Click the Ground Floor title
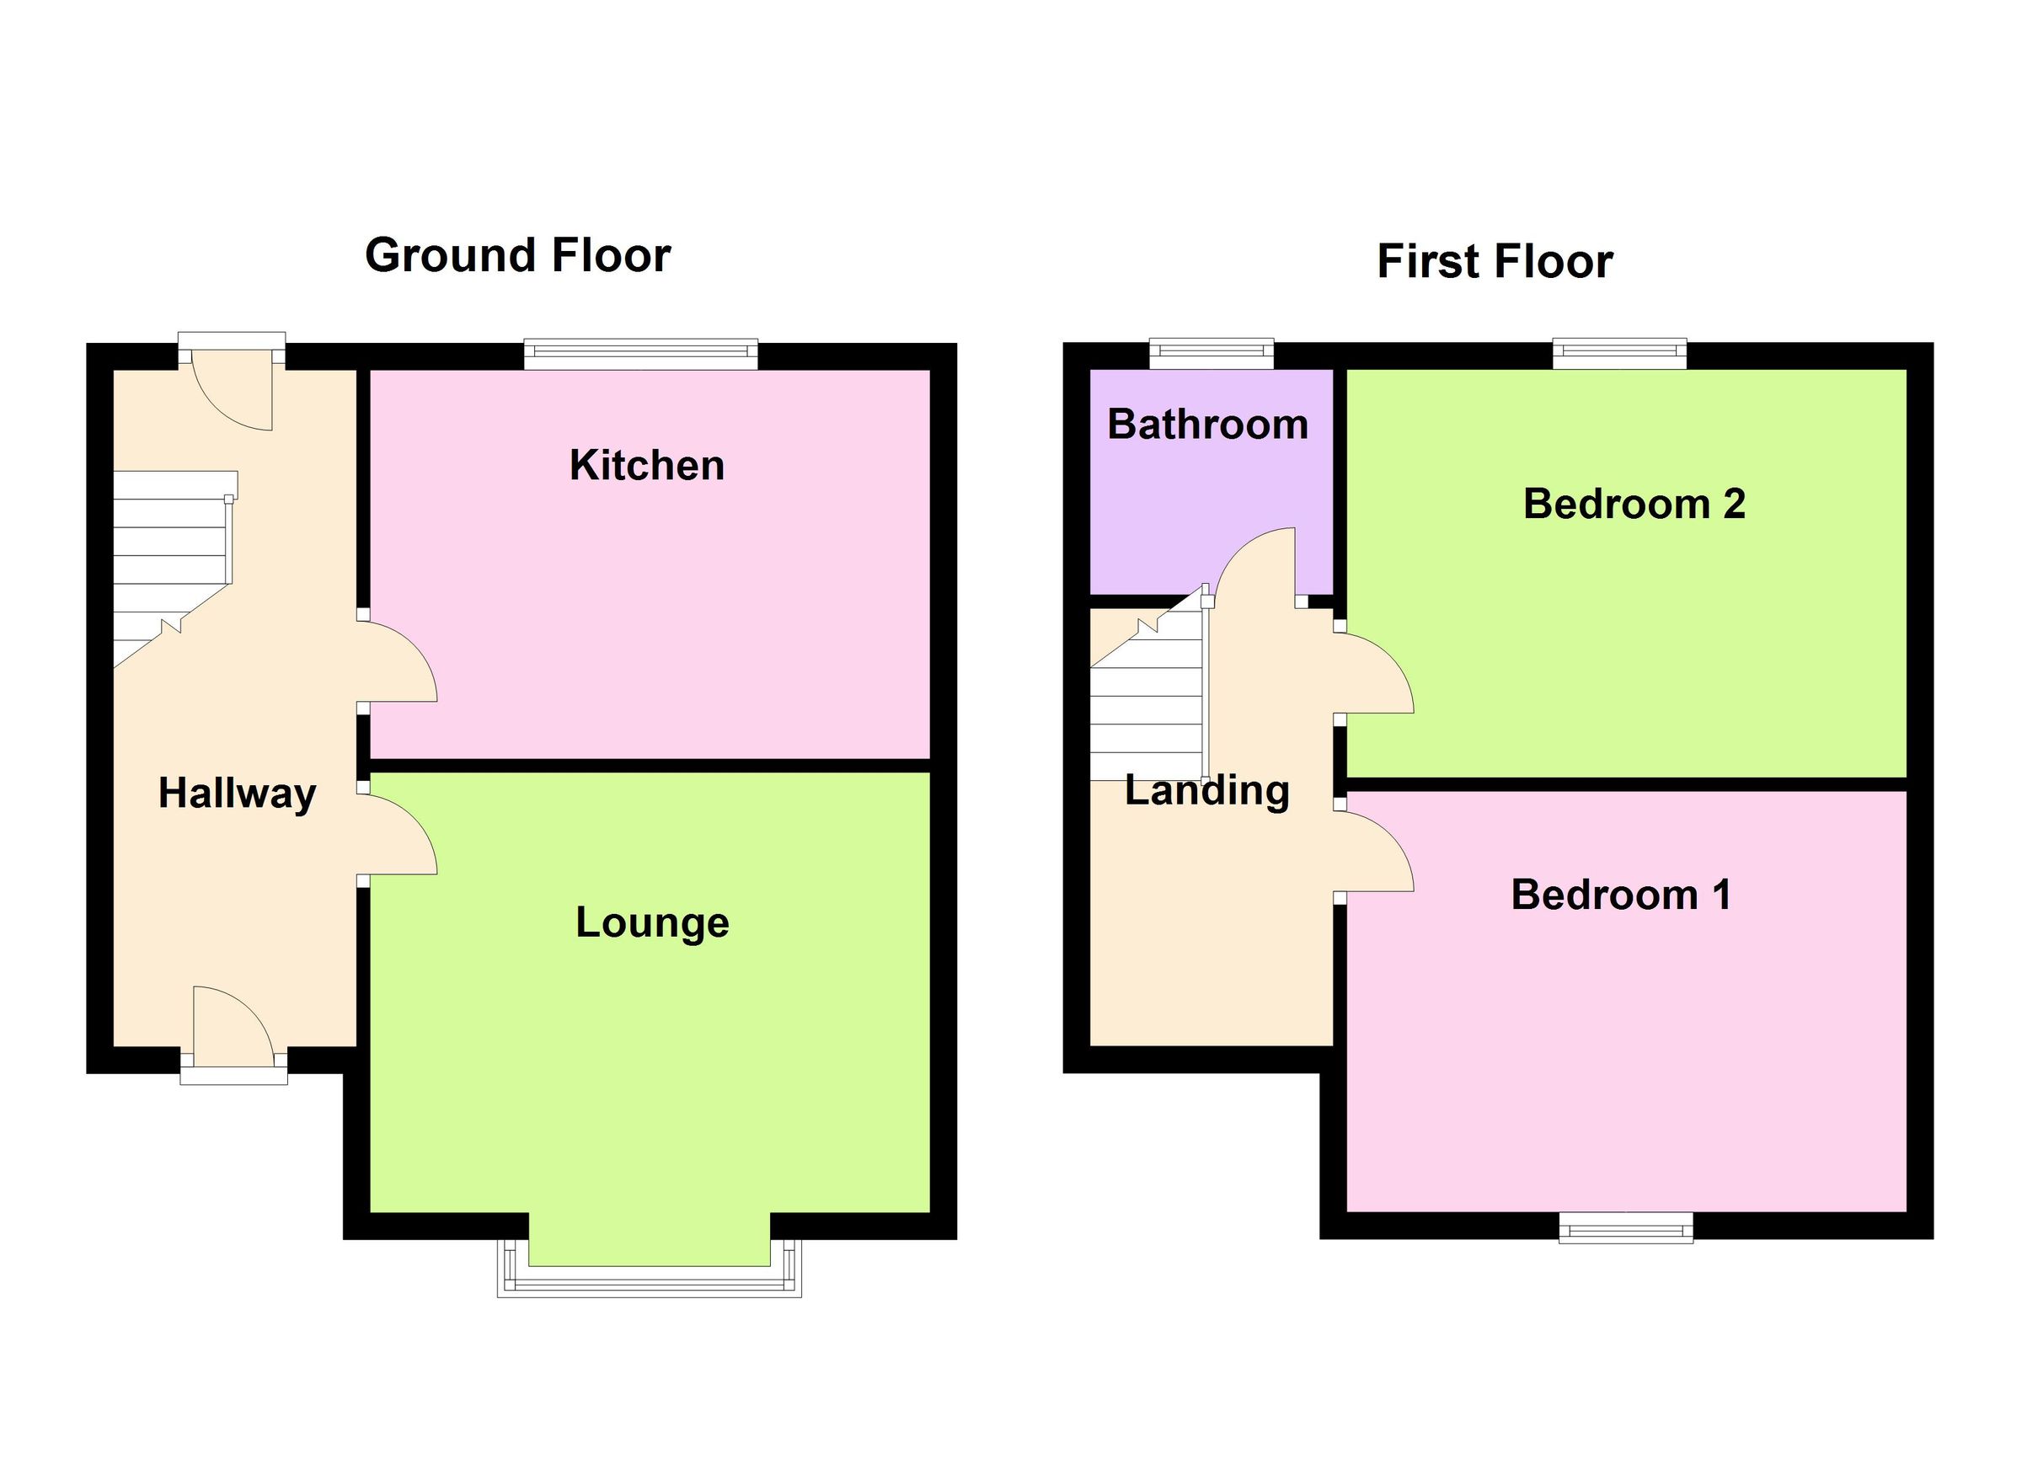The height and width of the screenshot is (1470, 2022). pos(517,256)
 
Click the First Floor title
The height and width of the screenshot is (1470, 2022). pos(1495,262)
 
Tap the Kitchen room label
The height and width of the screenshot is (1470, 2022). pos(646,465)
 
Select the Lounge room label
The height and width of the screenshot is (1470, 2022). pos(652,922)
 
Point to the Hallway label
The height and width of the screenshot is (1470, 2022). pos(236,793)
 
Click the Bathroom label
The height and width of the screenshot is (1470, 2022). pos(1207,425)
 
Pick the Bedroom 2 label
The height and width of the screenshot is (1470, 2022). pos(1634,505)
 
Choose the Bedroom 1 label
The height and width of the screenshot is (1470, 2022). pos(1620,895)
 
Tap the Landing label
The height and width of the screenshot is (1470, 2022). pos(1206,790)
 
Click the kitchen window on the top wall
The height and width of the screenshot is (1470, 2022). pos(640,354)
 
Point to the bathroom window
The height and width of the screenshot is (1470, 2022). pos(1211,353)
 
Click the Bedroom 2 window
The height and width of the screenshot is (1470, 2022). pos(1619,353)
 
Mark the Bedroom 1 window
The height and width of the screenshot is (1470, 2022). pos(1625,1227)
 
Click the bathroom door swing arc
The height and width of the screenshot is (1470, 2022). pos(1253,564)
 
